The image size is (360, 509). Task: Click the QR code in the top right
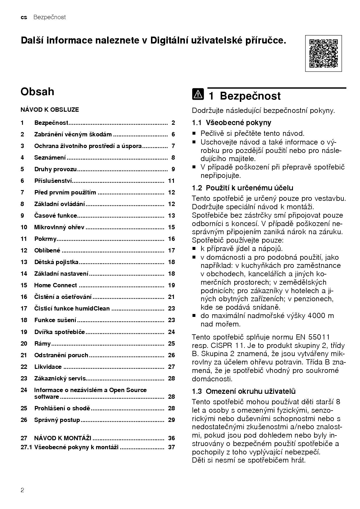point(323,53)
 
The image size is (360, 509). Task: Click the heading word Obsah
point(37,91)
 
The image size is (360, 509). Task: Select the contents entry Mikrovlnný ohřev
point(59,227)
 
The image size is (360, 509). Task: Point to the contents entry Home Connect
point(55,285)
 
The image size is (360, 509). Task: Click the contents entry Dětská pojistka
point(56,262)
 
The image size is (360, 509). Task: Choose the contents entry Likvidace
point(48,367)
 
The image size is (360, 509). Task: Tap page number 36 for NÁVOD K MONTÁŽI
point(171,438)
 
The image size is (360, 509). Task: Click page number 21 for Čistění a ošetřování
point(171,297)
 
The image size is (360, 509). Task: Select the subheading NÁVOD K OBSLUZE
point(50,110)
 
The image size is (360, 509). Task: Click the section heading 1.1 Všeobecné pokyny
point(231,122)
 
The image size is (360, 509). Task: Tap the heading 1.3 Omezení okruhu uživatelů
point(244,391)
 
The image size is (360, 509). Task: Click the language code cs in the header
point(24,17)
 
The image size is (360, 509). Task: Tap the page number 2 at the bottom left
point(22,490)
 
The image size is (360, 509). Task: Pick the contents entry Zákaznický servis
point(60,378)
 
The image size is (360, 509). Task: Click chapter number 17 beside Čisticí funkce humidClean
point(24,308)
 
